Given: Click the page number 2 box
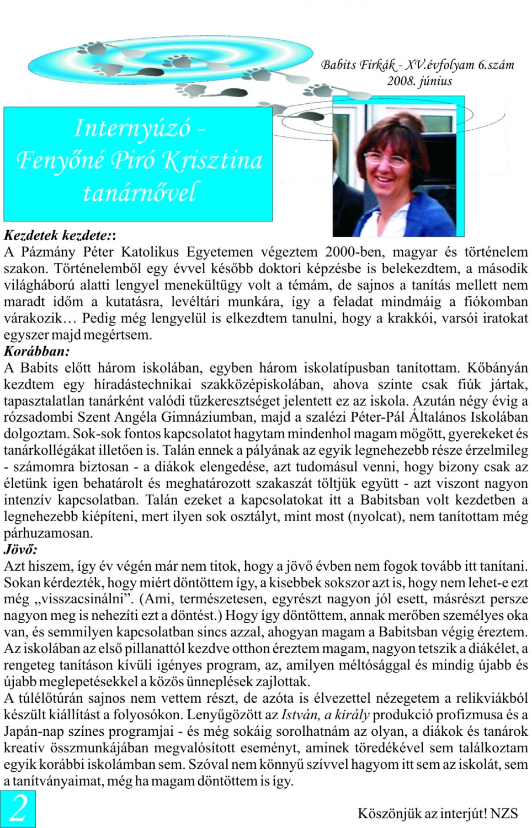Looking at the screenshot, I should pos(18,809).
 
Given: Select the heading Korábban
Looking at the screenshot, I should pos(37,351).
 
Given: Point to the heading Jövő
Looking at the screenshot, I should pos(21,549).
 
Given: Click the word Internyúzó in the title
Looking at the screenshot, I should pos(132,128).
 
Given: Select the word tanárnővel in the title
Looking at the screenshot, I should pos(139,193).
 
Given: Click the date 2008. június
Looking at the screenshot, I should pos(419,81).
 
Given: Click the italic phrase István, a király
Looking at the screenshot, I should pos(325,715).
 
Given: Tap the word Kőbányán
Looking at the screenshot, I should pos(497,368).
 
